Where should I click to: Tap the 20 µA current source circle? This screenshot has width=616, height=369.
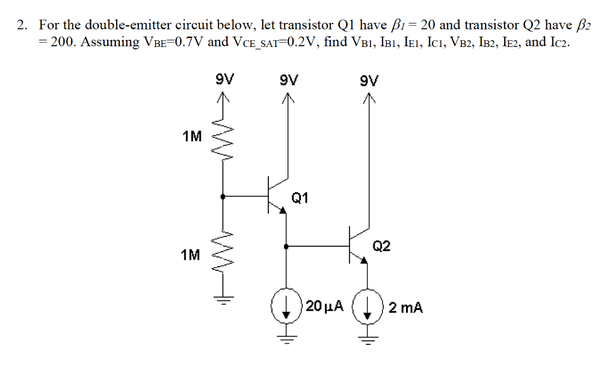point(286,306)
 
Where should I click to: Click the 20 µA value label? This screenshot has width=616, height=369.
point(324,306)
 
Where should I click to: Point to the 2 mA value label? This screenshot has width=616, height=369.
point(405,308)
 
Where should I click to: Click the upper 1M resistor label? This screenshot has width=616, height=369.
point(192,137)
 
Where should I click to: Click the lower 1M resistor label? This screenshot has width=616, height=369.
point(191,255)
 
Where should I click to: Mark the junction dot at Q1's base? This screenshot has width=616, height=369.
point(223,196)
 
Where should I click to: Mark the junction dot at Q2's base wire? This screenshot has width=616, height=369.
point(286,246)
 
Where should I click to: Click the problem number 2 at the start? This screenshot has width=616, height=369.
point(22,26)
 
